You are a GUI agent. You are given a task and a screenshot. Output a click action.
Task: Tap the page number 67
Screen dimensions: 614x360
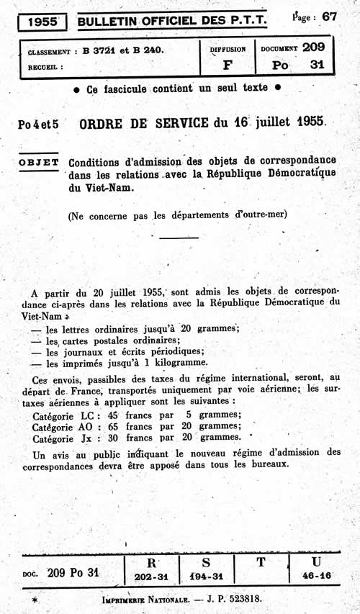pos(329,17)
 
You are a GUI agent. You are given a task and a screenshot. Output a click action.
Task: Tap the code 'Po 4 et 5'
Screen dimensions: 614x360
pos(40,124)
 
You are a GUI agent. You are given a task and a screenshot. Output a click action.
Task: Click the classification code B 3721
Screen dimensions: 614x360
pos(100,50)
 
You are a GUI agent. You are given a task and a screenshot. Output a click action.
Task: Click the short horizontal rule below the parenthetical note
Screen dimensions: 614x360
pos(177,237)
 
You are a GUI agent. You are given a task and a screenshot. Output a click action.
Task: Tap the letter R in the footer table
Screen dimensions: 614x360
pos(151,561)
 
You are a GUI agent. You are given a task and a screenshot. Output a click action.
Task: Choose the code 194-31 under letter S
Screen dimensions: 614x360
pos(207,577)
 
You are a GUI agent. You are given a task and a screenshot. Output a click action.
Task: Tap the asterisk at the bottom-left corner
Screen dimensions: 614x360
pos(34,600)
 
